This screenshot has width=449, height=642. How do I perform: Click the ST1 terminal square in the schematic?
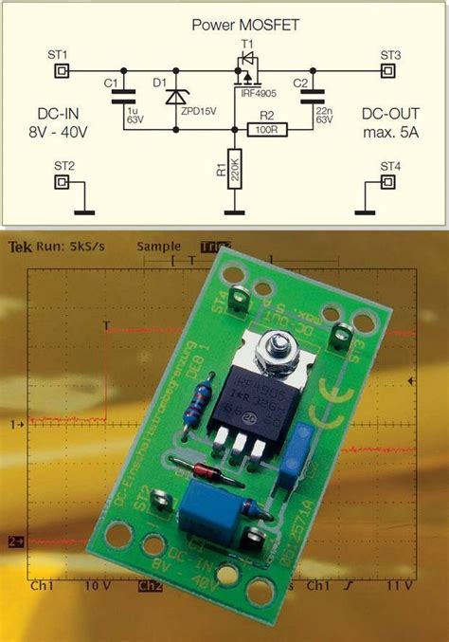[62, 71]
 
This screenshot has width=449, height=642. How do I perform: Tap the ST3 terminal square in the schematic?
[390, 71]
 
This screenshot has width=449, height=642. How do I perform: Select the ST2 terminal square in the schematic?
[62, 181]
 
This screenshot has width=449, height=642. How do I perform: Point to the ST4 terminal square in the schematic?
[390, 181]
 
